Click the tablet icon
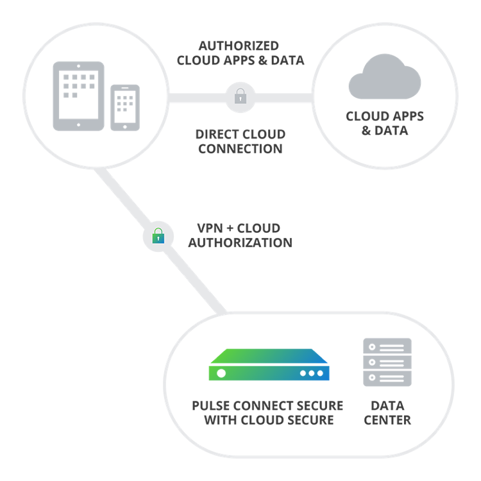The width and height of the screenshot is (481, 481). click(78, 96)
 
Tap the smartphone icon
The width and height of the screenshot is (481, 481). click(124, 108)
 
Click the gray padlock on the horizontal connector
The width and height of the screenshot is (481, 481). click(240, 97)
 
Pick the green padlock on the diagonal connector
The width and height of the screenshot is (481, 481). click(158, 237)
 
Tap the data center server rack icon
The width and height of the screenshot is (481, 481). click(387, 362)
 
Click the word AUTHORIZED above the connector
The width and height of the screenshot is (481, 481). click(239, 46)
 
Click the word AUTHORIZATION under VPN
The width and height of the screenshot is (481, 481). click(240, 244)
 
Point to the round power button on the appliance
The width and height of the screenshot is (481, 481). click(221, 373)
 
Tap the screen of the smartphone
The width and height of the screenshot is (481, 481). click(124, 105)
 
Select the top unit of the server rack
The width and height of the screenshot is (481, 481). click(387, 347)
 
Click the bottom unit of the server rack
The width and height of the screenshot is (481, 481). click(387, 378)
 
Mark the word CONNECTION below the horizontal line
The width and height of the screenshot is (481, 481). click(240, 149)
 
